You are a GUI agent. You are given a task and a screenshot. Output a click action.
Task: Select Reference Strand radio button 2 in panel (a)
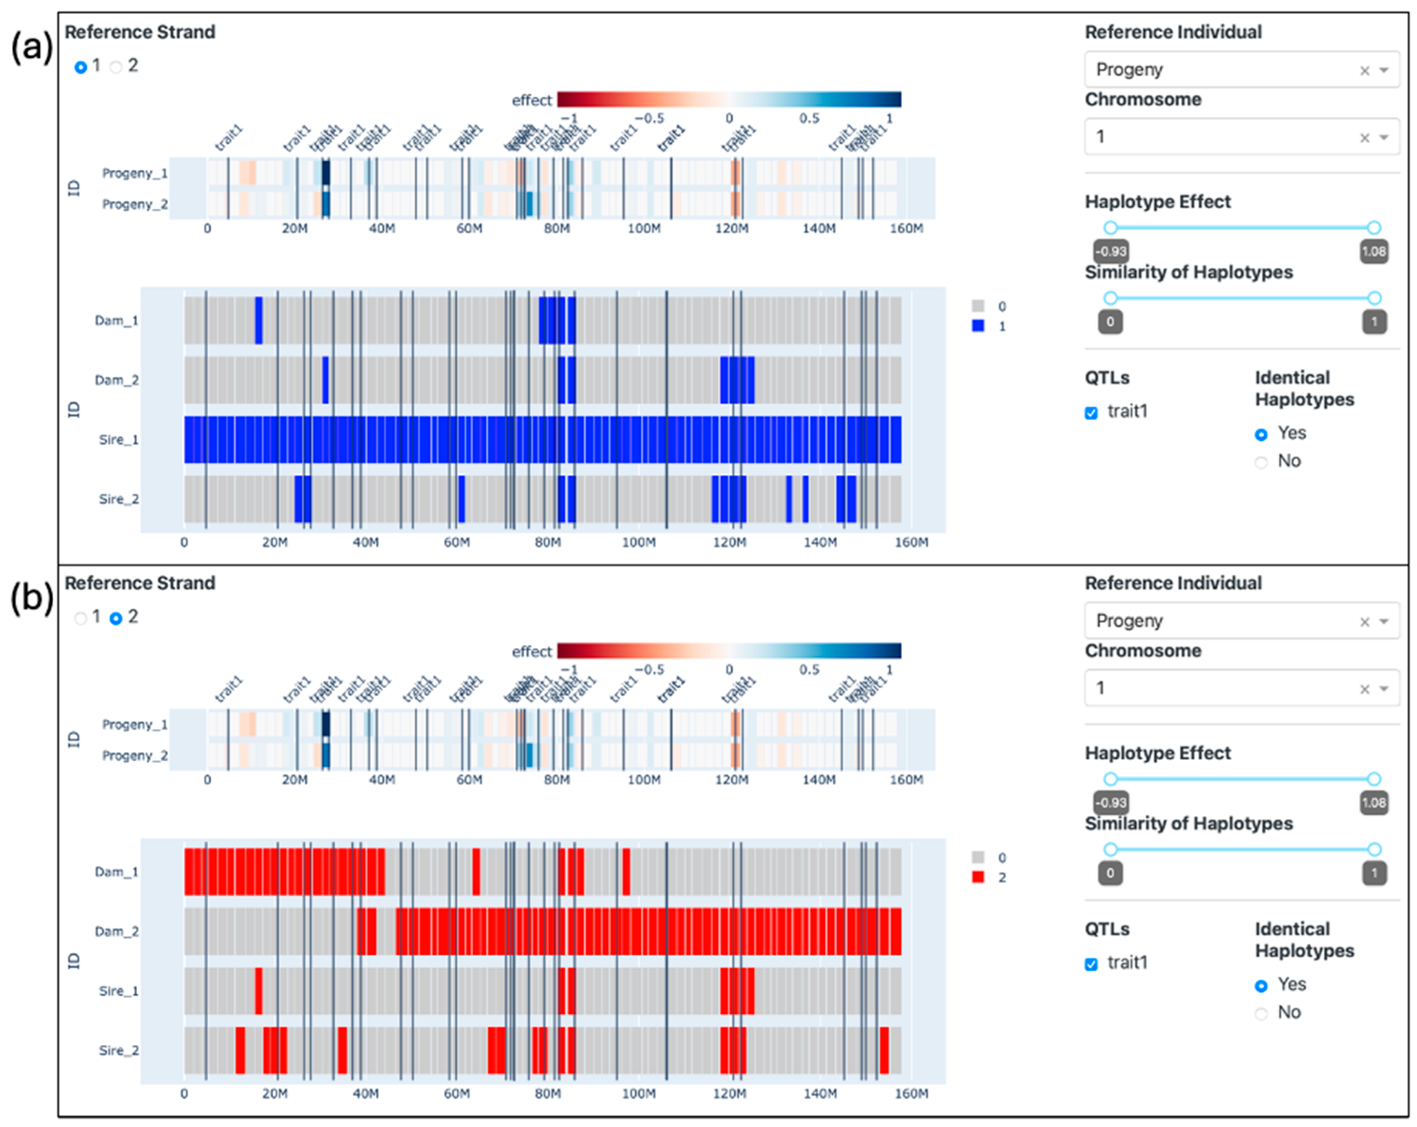coord(116,67)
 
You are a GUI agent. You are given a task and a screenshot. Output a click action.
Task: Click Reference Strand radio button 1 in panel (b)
coord(81,618)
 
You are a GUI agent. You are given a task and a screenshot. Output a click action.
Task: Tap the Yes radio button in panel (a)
coord(1260,434)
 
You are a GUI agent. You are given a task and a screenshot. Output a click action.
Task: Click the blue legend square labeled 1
coord(978,325)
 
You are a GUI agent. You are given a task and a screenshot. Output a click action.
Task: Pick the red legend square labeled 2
coord(978,877)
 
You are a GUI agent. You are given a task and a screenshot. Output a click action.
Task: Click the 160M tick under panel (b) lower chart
coord(911,1094)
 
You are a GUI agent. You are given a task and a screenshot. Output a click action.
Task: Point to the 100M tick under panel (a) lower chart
coord(638,542)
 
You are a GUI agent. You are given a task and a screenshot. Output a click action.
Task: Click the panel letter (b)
coord(31,598)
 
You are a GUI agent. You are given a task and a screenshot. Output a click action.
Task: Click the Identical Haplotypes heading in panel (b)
coord(1304,940)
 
